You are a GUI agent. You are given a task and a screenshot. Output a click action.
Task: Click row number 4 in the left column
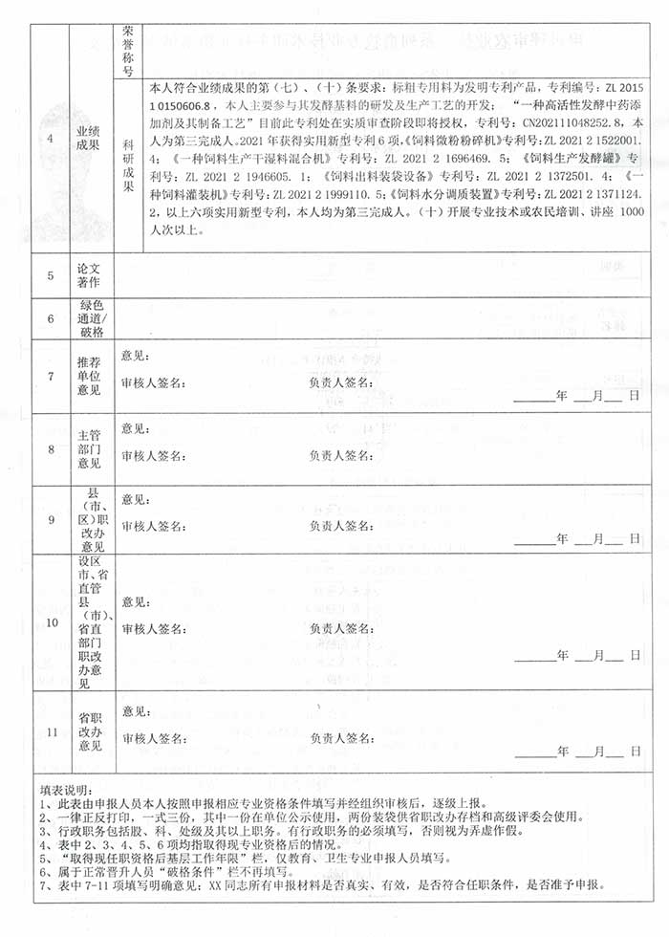coord(51,145)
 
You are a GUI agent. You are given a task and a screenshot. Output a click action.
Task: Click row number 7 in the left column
coord(51,376)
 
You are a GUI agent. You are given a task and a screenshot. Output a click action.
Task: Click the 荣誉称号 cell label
coord(129,50)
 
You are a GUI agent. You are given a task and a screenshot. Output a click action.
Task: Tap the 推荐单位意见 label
coord(89,376)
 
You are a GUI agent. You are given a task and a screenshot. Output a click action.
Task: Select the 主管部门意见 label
coord(89,448)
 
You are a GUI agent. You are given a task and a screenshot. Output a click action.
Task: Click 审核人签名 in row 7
coord(155,382)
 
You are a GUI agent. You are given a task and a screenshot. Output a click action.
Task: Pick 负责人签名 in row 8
coord(341,455)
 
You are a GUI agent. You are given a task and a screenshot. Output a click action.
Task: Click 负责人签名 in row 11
coord(341,738)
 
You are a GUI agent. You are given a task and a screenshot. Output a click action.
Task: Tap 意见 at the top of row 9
coord(135,498)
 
